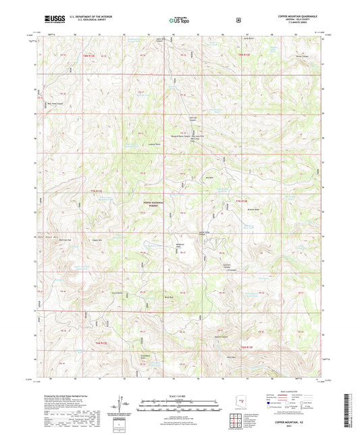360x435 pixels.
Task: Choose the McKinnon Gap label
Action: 66,240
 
